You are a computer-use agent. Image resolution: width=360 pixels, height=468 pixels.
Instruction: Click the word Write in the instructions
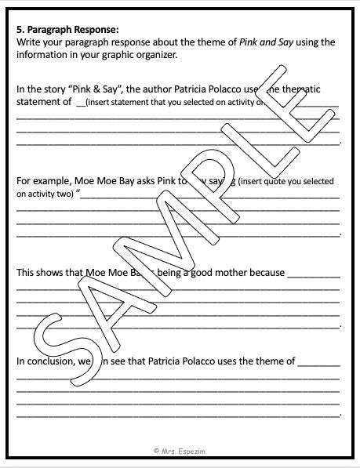(x=29, y=42)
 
